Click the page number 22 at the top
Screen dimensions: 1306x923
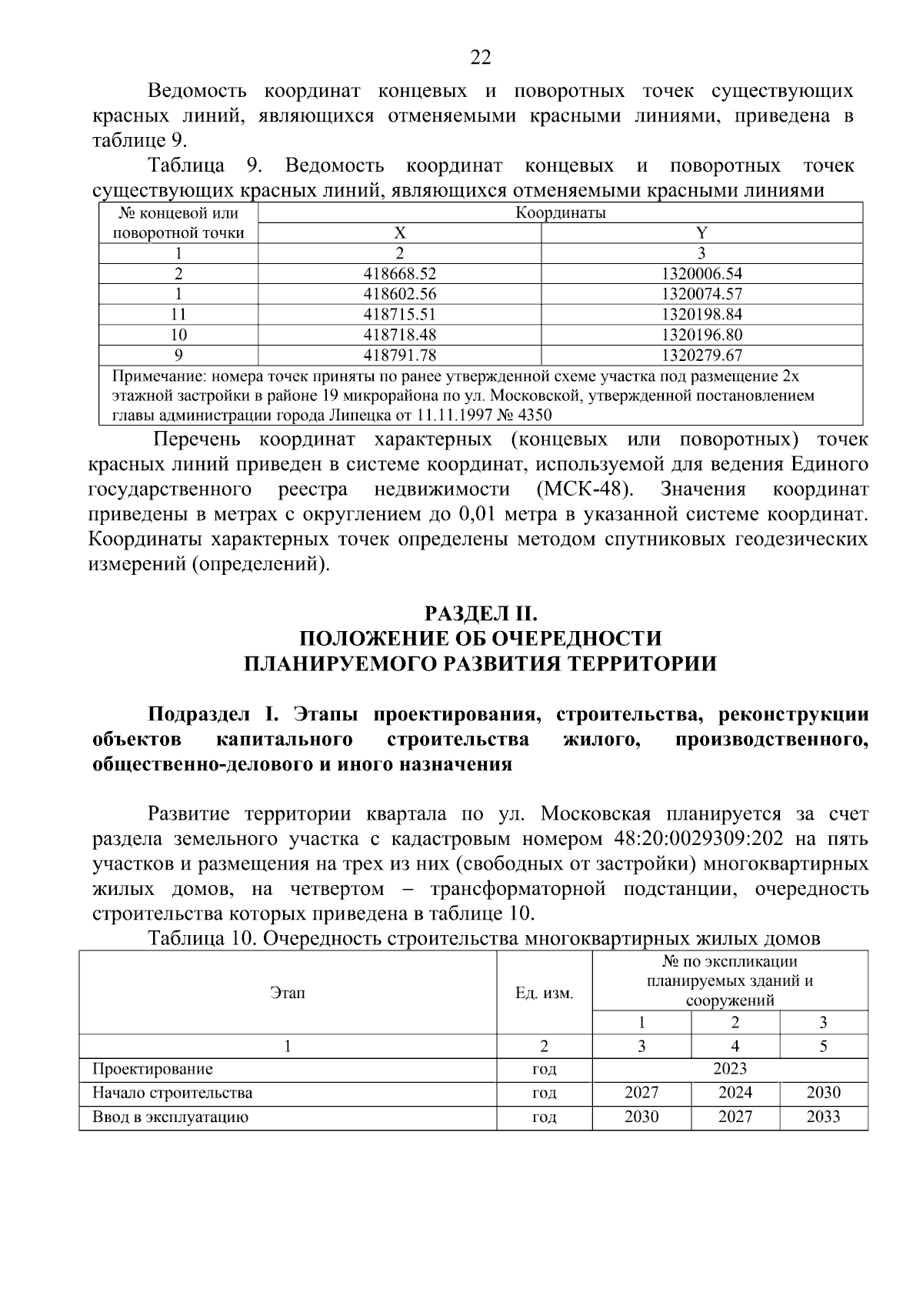480,58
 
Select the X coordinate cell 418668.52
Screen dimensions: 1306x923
399,274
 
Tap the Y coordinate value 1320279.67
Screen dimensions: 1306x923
701,356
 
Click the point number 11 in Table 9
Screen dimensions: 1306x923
178,315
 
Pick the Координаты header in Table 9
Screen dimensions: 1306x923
560,213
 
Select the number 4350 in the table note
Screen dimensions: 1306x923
535,416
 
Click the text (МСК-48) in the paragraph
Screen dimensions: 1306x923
583,490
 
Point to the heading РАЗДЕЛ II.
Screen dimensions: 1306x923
479,614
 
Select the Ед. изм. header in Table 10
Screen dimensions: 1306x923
544,994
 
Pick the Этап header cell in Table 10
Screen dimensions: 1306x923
288,994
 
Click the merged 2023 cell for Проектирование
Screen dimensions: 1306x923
729,1069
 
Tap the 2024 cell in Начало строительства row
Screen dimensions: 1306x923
735,1094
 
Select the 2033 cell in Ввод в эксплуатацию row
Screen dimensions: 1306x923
823,1117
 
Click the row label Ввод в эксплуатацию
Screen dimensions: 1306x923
170,1117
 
